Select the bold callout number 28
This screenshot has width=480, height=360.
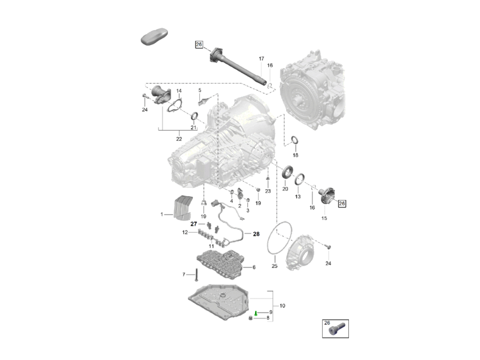[x=256, y=234]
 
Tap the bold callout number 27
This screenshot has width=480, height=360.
[x=194, y=224]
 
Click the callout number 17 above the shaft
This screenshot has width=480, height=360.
[x=261, y=58]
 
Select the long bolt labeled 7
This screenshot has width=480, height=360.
[x=196, y=274]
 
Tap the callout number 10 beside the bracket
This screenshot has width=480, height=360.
[x=282, y=306]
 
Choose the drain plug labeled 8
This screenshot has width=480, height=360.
[x=251, y=318]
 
